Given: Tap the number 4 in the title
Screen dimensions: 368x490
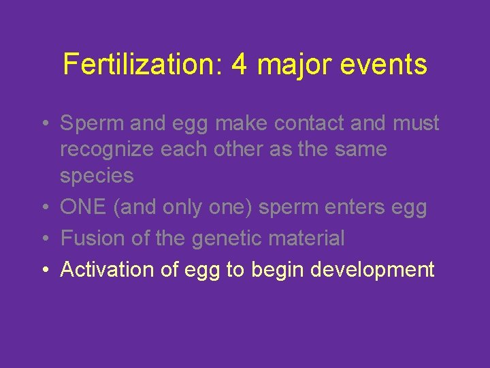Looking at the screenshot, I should coord(239,65).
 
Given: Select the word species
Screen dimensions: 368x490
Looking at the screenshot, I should coord(97,176).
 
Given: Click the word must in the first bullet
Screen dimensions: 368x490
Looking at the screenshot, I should coord(416,123).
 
